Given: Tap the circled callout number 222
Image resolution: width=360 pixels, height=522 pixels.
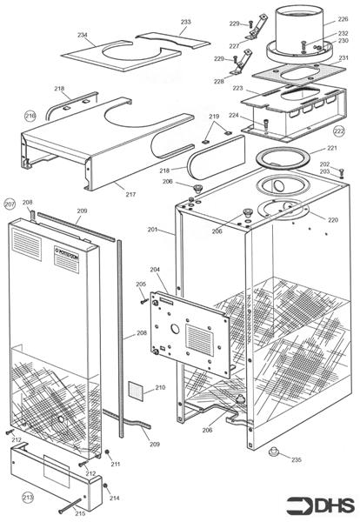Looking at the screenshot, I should click(338, 130).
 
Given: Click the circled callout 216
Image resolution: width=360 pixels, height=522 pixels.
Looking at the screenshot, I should click(30, 115).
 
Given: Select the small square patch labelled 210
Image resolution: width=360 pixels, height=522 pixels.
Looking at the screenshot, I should click(137, 388).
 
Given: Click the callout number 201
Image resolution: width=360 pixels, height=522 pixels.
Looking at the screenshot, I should click(152, 230).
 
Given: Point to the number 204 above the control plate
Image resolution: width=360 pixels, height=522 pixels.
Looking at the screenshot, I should click(157, 270).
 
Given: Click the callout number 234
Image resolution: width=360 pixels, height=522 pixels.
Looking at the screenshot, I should click(83, 35).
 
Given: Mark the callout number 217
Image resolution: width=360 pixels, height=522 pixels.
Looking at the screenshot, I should click(130, 194).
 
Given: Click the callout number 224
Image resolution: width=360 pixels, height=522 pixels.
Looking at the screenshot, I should click(234, 116).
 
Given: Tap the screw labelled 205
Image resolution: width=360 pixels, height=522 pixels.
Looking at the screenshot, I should click(144, 299).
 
